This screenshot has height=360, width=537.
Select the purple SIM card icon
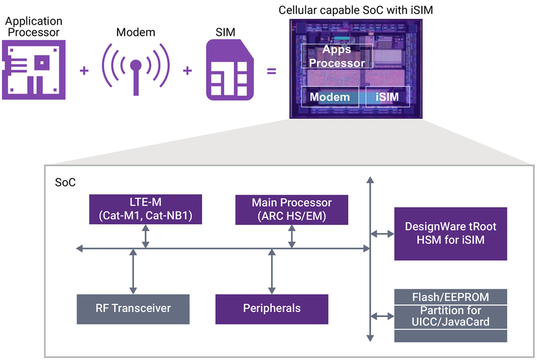229,69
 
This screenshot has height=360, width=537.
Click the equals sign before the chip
272,70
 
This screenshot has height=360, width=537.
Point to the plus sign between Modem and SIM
187,70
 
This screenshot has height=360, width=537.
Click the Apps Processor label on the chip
337,56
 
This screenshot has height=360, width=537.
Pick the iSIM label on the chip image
387,97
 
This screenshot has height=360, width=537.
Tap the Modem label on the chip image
329,97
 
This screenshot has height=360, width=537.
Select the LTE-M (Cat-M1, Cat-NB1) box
145,209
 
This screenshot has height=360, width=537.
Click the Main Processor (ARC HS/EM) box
291,209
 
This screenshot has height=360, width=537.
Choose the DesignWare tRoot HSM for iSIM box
450,233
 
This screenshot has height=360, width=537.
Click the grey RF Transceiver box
133,308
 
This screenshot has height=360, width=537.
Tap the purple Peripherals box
272,308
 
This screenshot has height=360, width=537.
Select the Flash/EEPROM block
450,296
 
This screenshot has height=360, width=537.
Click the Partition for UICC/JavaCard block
450,316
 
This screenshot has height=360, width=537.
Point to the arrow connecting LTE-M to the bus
146,236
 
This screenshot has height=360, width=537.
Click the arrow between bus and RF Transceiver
133,271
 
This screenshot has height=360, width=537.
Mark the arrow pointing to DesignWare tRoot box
382,234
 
